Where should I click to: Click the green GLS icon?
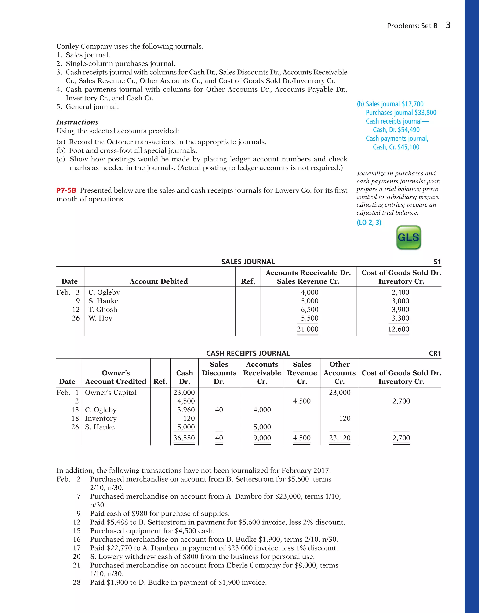408,237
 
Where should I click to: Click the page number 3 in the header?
448,25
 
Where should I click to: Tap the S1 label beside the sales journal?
437,262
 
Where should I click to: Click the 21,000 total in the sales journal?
308,329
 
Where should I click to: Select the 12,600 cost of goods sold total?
399,329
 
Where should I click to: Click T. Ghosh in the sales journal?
103,309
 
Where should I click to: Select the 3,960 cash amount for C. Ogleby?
186,409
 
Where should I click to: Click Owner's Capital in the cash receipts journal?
111,392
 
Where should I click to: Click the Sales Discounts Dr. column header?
219,373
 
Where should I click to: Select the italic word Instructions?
77,122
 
